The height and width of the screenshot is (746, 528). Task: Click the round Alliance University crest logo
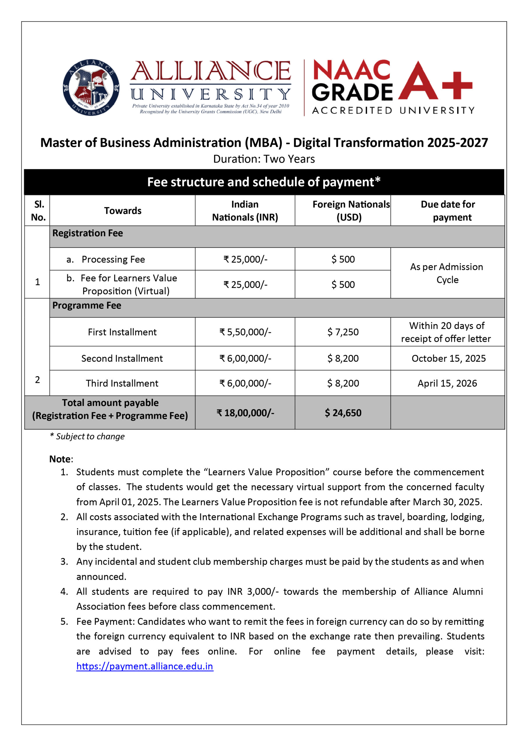point(91,87)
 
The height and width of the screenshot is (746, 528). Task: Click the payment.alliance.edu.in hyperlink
point(145,666)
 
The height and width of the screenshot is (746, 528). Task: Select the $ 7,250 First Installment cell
point(343,332)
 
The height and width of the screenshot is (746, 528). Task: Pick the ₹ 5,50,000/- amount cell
point(245,332)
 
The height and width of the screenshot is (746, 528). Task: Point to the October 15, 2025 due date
point(448,358)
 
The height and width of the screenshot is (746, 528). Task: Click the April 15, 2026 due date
point(447,383)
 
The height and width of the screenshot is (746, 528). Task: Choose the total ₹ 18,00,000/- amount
point(245,413)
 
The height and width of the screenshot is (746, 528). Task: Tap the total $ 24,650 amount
point(343,413)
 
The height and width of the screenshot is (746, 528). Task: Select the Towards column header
point(123,211)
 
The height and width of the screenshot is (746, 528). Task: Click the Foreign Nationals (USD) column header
point(351,211)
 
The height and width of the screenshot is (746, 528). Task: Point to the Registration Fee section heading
point(88,233)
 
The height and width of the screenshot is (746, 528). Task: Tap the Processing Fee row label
point(113,259)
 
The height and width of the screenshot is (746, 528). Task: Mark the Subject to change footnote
point(87,436)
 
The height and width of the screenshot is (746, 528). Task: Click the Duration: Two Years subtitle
point(264,159)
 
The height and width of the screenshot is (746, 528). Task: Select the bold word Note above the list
point(60,459)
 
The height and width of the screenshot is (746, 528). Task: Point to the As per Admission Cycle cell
point(447,273)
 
